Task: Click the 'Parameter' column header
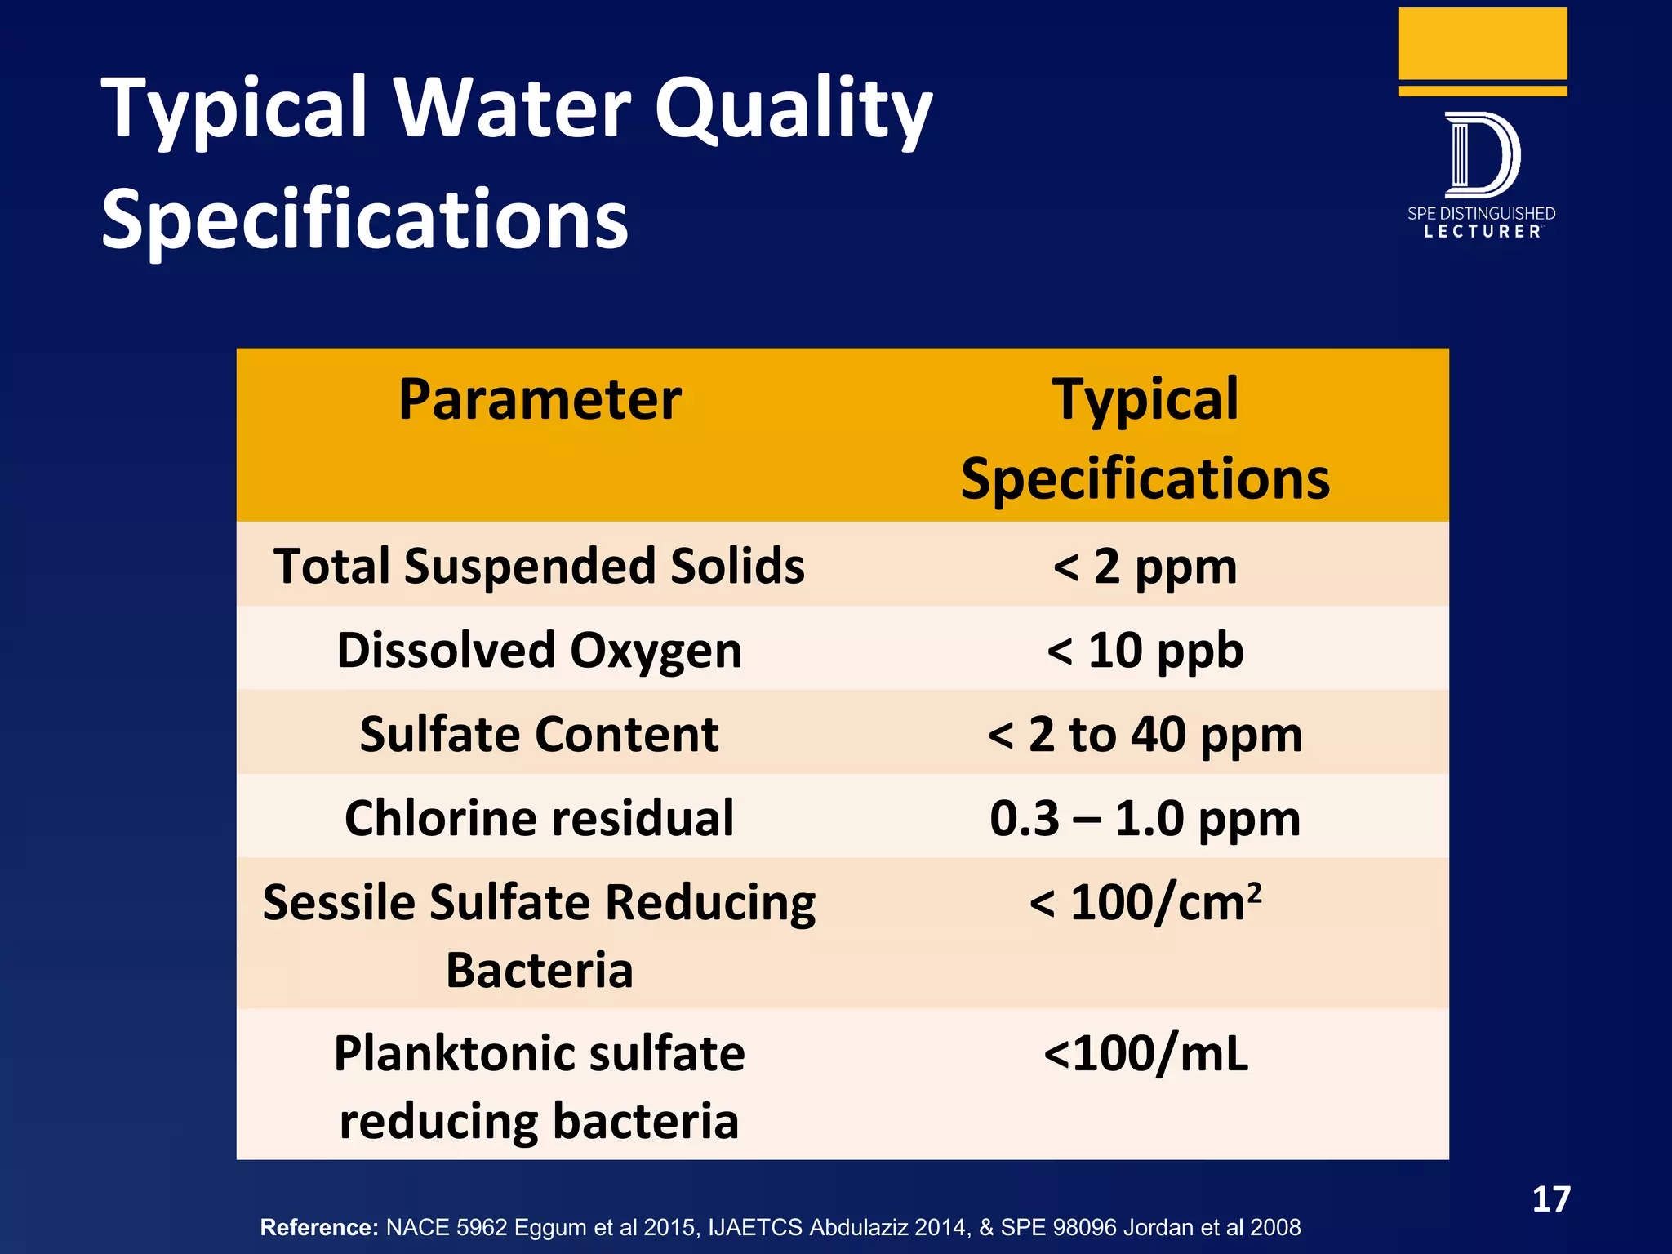pos(540,400)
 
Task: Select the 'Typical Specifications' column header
pos(1145,438)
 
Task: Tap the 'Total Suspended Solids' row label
pos(539,566)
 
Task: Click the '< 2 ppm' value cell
pos(1145,566)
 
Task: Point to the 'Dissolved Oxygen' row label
pos(539,650)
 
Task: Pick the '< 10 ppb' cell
pos(1145,650)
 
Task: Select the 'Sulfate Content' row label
pos(539,734)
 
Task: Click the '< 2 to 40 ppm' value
pos(1145,734)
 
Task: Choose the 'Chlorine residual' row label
pos(539,818)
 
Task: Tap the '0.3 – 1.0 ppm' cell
pos(1145,818)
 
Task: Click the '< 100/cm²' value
pos(1145,903)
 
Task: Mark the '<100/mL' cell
pos(1145,1053)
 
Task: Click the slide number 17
pos(1550,1199)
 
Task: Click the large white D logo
pos(1482,155)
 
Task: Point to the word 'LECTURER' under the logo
pos(1482,232)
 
